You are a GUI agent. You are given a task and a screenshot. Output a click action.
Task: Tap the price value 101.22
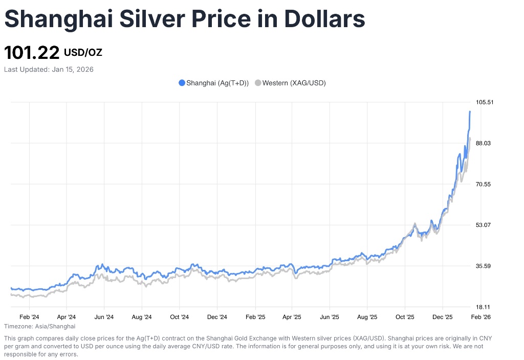pos(32,53)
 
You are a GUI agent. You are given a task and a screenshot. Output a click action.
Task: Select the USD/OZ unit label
pos(83,52)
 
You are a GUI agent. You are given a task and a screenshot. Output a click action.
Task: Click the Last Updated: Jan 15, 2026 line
pos(49,69)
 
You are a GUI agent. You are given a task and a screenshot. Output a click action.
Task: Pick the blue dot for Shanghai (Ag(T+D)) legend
pos(182,83)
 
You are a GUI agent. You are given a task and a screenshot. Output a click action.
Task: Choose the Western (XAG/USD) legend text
pos(294,83)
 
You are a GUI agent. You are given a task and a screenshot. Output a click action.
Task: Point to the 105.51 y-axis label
pos(485,102)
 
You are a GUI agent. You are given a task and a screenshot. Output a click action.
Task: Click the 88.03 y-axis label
pos(484,143)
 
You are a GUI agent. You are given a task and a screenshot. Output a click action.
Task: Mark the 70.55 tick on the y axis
pos(484,184)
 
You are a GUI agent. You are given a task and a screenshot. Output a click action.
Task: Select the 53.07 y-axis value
pos(484,225)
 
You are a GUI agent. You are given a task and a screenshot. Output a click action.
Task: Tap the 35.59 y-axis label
pos(484,266)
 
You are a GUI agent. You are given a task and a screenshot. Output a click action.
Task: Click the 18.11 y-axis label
pos(483,307)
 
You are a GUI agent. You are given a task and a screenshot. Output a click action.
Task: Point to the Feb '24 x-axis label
pos(29,317)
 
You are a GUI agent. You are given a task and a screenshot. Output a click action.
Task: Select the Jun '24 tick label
pos(104,317)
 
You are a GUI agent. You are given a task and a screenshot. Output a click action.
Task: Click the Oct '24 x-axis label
pos(179,317)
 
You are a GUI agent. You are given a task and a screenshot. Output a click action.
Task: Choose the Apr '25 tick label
pos(292,317)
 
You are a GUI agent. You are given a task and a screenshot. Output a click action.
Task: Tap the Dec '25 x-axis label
pos(443,317)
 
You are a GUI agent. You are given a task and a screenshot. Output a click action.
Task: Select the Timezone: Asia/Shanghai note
pos(39,326)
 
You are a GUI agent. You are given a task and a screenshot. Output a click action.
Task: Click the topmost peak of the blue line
pos(470,112)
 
